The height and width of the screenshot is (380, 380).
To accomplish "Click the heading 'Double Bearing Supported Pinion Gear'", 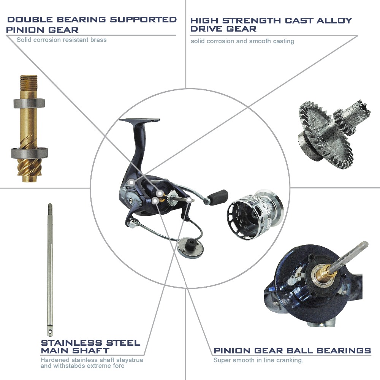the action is coord(91,24).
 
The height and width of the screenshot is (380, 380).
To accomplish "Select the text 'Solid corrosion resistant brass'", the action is coord(62,40).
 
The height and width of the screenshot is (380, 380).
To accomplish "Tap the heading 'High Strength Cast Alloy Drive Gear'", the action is coord(271,24).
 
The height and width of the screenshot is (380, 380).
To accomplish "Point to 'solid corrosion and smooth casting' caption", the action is coord(242,41).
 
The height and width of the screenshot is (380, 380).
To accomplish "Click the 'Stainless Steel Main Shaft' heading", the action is coord(91,347).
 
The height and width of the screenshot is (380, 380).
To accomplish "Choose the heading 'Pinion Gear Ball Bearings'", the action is coord(292,351).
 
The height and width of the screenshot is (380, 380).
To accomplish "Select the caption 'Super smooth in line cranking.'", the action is coord(258,360).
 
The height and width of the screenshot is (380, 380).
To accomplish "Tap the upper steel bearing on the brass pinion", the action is coord(29,103).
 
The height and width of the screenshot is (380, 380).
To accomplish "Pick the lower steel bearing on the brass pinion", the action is coord(30,153).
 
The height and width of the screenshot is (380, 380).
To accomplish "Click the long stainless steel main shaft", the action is coord(50,269).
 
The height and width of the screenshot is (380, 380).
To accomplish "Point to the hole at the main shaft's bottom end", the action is coord(50,332).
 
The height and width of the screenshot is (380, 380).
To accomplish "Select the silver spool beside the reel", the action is coord(255,215).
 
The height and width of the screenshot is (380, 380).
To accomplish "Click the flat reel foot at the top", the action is coord(140,120).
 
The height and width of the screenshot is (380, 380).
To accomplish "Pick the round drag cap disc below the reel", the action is coord(190,247).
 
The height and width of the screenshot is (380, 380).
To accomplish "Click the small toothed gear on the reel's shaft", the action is coord(172,198).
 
